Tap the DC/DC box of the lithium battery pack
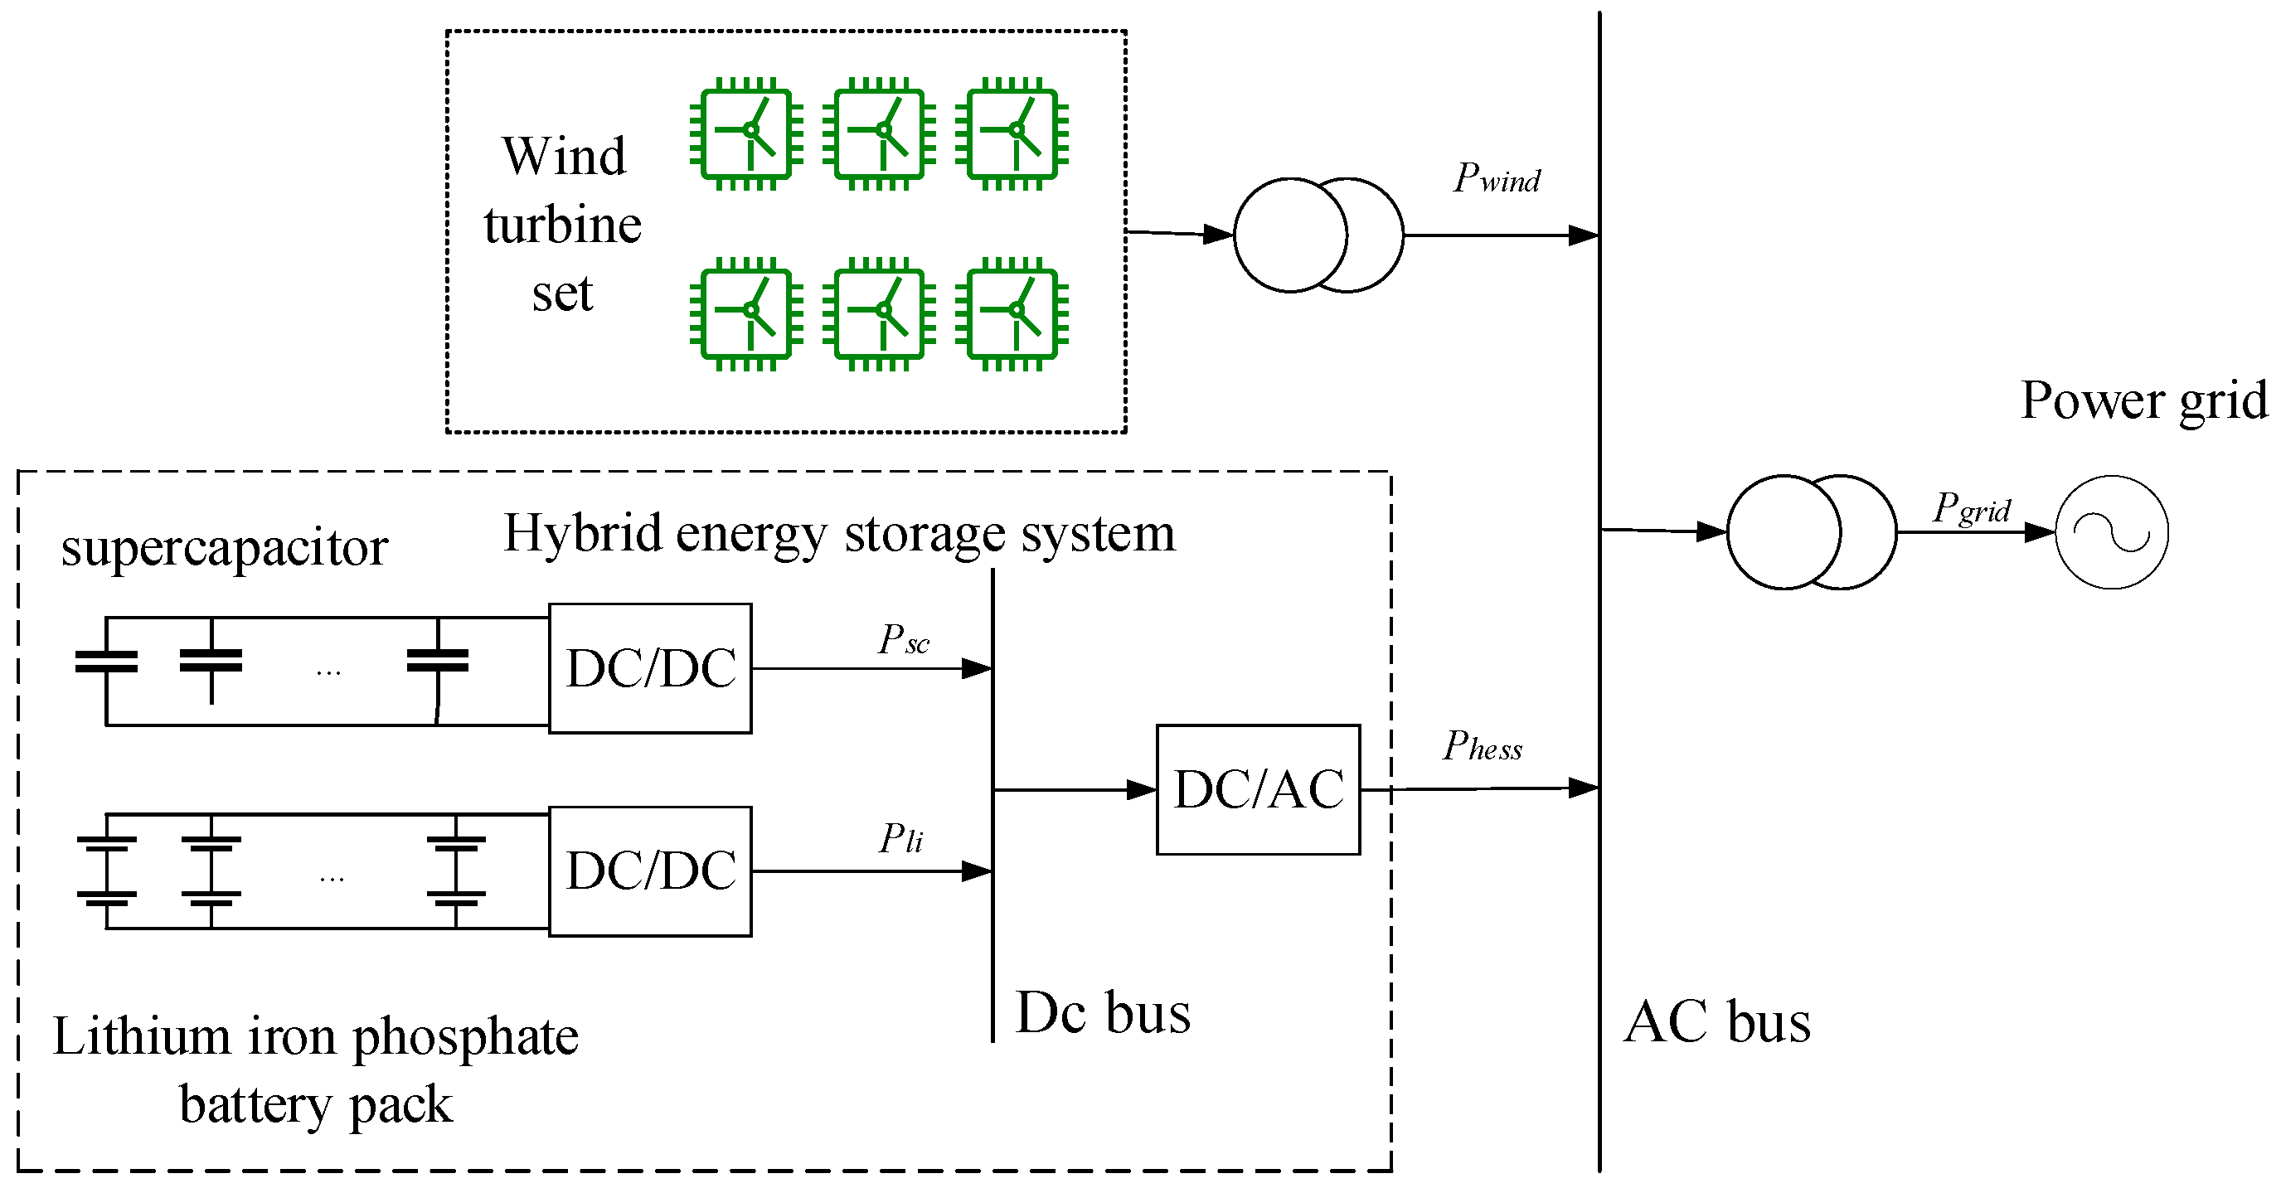coord(650,871)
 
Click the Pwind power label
coord(1497,178)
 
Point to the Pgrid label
coord(1971,509)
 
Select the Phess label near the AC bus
coord(1483,747)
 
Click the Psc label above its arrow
coord(903,639)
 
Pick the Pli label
coord(900,838)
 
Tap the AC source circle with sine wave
coord(2111,532)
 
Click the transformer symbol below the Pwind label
coord(1318,235)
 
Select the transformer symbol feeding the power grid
coord(1811,532)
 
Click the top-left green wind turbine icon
coord(746,133)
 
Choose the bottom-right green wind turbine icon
coord(1012,313)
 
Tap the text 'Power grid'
coord(2143,400)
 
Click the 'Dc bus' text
coord(1103,1012)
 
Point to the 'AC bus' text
coord(1717,1022)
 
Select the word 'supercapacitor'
coord(224,547)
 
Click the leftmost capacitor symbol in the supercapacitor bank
coord(106,662)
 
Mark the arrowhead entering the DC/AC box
coord(1142,789)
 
